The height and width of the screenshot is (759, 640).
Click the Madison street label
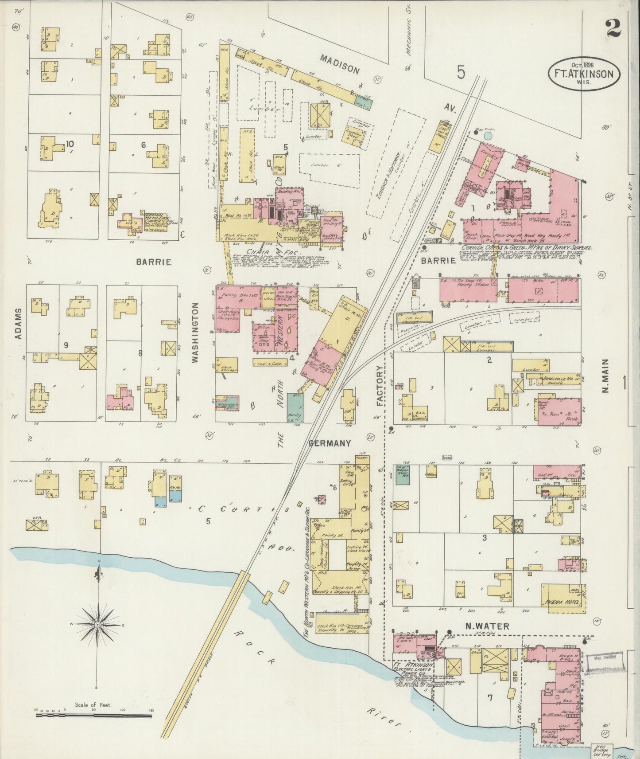pos(340,63)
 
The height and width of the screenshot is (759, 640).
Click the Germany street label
pos(330,443)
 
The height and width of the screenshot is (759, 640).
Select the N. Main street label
pos(605,376)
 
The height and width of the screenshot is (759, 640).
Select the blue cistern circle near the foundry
pos(488,134)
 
